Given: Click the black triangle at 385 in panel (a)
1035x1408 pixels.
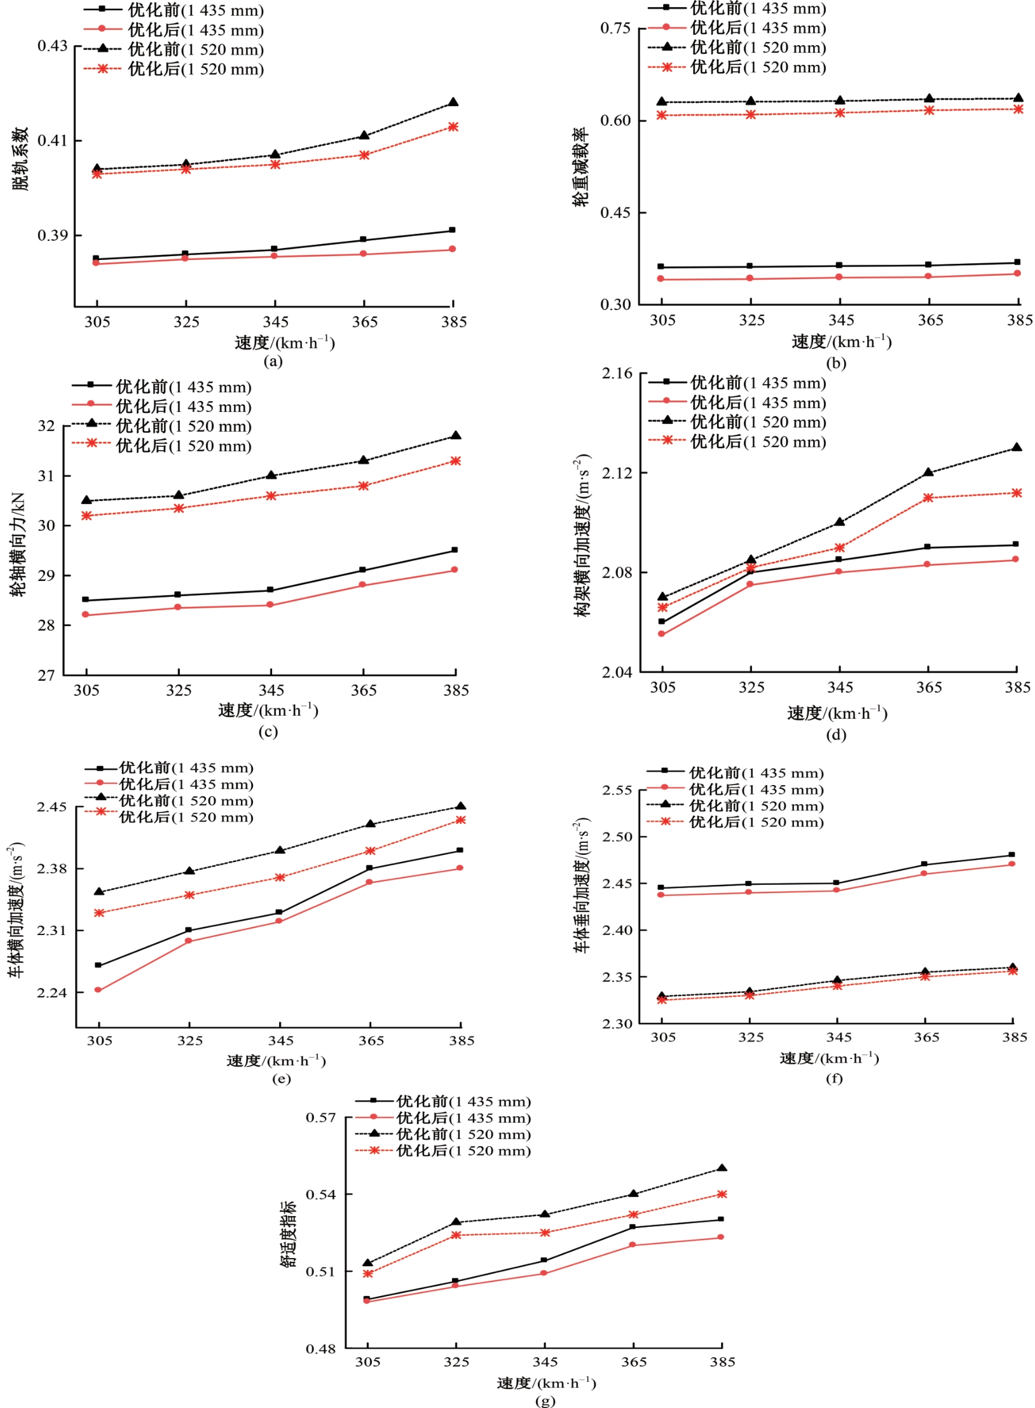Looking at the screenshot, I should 453,102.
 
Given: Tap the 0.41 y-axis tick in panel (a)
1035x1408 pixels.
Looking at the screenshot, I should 52,140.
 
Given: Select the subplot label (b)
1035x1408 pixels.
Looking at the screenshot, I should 835,363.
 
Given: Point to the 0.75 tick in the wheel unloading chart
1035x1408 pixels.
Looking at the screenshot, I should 615,28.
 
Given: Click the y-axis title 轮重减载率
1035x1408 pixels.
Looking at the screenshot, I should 580,167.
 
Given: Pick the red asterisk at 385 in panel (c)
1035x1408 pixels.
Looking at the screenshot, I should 455,461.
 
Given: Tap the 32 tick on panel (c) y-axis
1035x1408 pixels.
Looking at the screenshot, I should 46,426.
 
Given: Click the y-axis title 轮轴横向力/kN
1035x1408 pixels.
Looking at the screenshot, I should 18,544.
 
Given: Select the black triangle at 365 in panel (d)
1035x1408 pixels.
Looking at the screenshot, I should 928,472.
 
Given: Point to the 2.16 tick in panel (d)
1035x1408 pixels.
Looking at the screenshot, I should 617,373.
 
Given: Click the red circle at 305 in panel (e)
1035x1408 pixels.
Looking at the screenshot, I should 98,990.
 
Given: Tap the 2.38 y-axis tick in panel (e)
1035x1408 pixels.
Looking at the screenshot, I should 51,868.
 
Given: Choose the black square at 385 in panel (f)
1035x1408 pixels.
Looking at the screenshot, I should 1011,855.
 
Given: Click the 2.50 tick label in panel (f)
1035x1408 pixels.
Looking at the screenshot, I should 617,837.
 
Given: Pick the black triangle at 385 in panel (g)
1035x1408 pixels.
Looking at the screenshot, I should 722,1168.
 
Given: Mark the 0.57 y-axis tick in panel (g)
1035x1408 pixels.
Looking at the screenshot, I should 321,1118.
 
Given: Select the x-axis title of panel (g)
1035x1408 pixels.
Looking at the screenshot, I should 546,1383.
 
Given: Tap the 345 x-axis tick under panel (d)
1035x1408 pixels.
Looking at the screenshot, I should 840,687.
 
